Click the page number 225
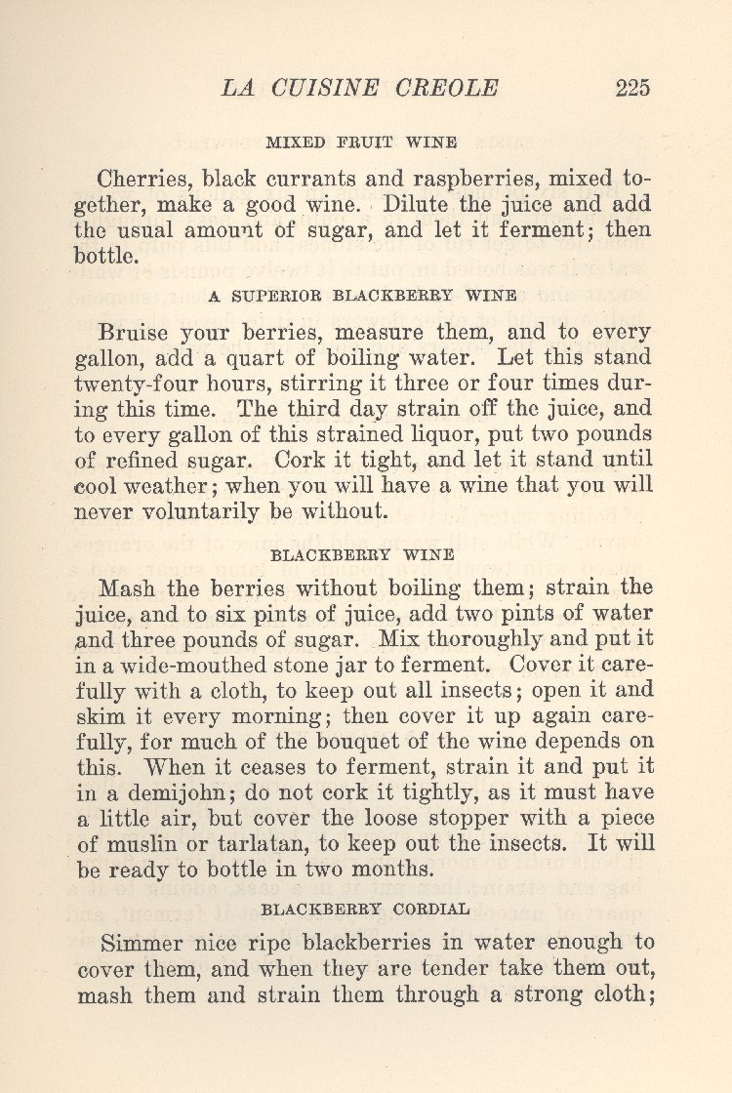[632, 88]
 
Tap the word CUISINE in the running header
[327, 88]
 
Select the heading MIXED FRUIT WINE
[362, 142]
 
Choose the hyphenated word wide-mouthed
[175, 666]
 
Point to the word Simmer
[143, 944]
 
